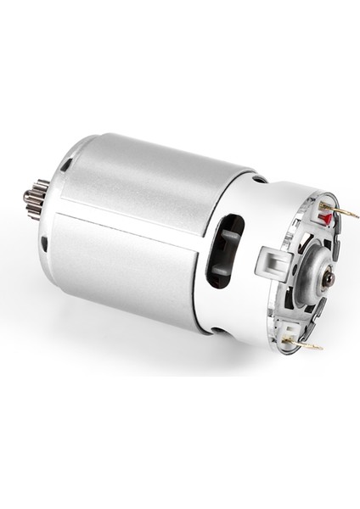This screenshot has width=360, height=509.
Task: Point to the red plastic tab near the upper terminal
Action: [x=323, y=219]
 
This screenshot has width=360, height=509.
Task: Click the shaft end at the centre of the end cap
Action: [x=329, y=278]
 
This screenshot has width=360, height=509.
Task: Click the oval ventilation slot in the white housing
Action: [x=225, y=250]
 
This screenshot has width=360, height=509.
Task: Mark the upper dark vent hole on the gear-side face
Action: [x=66, y=165]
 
